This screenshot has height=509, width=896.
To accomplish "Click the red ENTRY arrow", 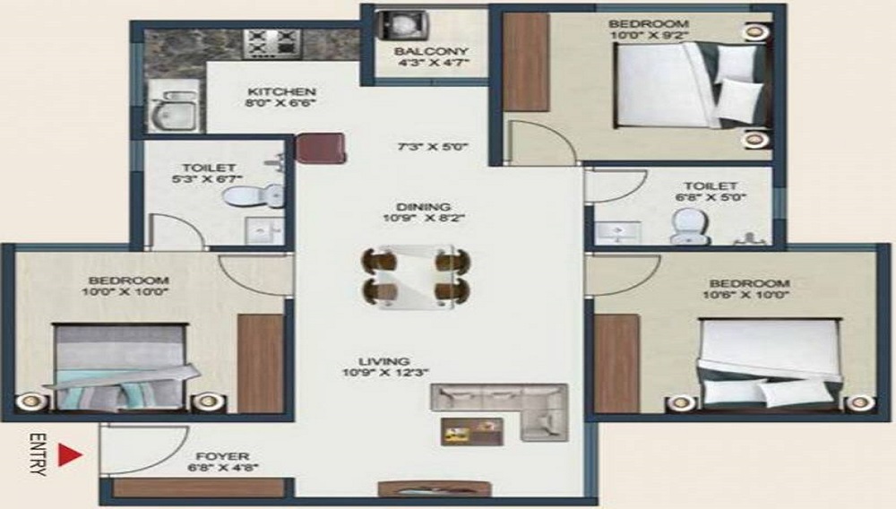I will tap(70, 455).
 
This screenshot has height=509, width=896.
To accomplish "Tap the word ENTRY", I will tap(38, 455).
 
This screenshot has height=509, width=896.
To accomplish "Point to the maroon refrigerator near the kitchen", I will tap(321, 148).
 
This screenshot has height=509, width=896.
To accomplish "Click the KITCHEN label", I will tap(281, 91).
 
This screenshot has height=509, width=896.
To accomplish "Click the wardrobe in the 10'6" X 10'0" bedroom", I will tap(616, 363).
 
